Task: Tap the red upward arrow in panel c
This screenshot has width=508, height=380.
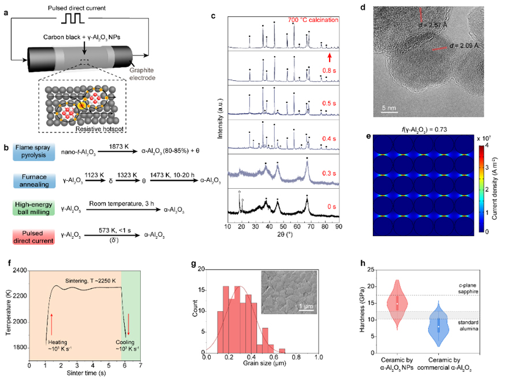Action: coord(330,57)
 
